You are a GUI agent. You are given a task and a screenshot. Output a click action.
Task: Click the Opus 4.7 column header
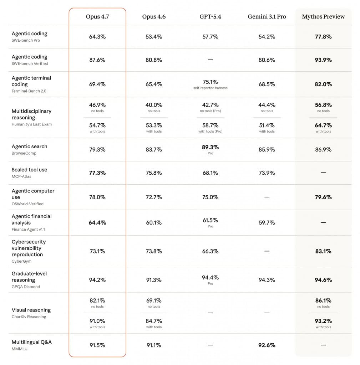(x=97, y=17)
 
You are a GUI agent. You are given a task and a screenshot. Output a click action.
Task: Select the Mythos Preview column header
(x=323, y=17)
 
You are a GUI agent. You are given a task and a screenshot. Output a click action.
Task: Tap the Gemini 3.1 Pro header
(x=267, y=17)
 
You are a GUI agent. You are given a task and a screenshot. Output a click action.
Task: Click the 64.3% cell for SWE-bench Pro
(x=97, y=37)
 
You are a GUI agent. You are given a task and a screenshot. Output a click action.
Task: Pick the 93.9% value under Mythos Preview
(x=323, y=60)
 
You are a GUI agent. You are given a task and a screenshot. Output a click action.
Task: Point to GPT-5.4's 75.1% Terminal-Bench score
(x=210, y=82)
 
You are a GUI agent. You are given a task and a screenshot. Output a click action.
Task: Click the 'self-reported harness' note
(x=210, y=88)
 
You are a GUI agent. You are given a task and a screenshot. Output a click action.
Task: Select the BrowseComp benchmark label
(x=24, y=153)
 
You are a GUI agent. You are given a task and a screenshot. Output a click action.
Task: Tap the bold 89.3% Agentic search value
(x=210, y=147)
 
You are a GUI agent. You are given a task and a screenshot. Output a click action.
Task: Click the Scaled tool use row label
(x=29, y=170)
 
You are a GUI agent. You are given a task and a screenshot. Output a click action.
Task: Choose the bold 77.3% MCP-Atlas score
(x=97, y=173)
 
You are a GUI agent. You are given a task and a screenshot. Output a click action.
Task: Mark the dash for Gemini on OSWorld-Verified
(x=267, y=197)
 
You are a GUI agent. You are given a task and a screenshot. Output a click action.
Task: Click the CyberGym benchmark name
(x=21, y=261)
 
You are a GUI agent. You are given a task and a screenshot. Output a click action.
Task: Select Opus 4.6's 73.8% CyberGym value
(x=154, y=251)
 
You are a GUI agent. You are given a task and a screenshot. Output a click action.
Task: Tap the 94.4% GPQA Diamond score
(x=210, y=277)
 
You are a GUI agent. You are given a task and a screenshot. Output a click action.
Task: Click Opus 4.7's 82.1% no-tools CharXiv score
(x=97, y=300)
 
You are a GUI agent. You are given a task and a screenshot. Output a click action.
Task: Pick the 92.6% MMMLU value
(x=267, y=345)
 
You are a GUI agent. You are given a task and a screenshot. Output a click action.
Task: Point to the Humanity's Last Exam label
(x=31, y=124)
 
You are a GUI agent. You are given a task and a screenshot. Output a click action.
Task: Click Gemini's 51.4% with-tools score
(x=267, y=125)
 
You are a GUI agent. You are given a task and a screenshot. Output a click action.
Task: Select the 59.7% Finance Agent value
(x=267, y=223)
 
